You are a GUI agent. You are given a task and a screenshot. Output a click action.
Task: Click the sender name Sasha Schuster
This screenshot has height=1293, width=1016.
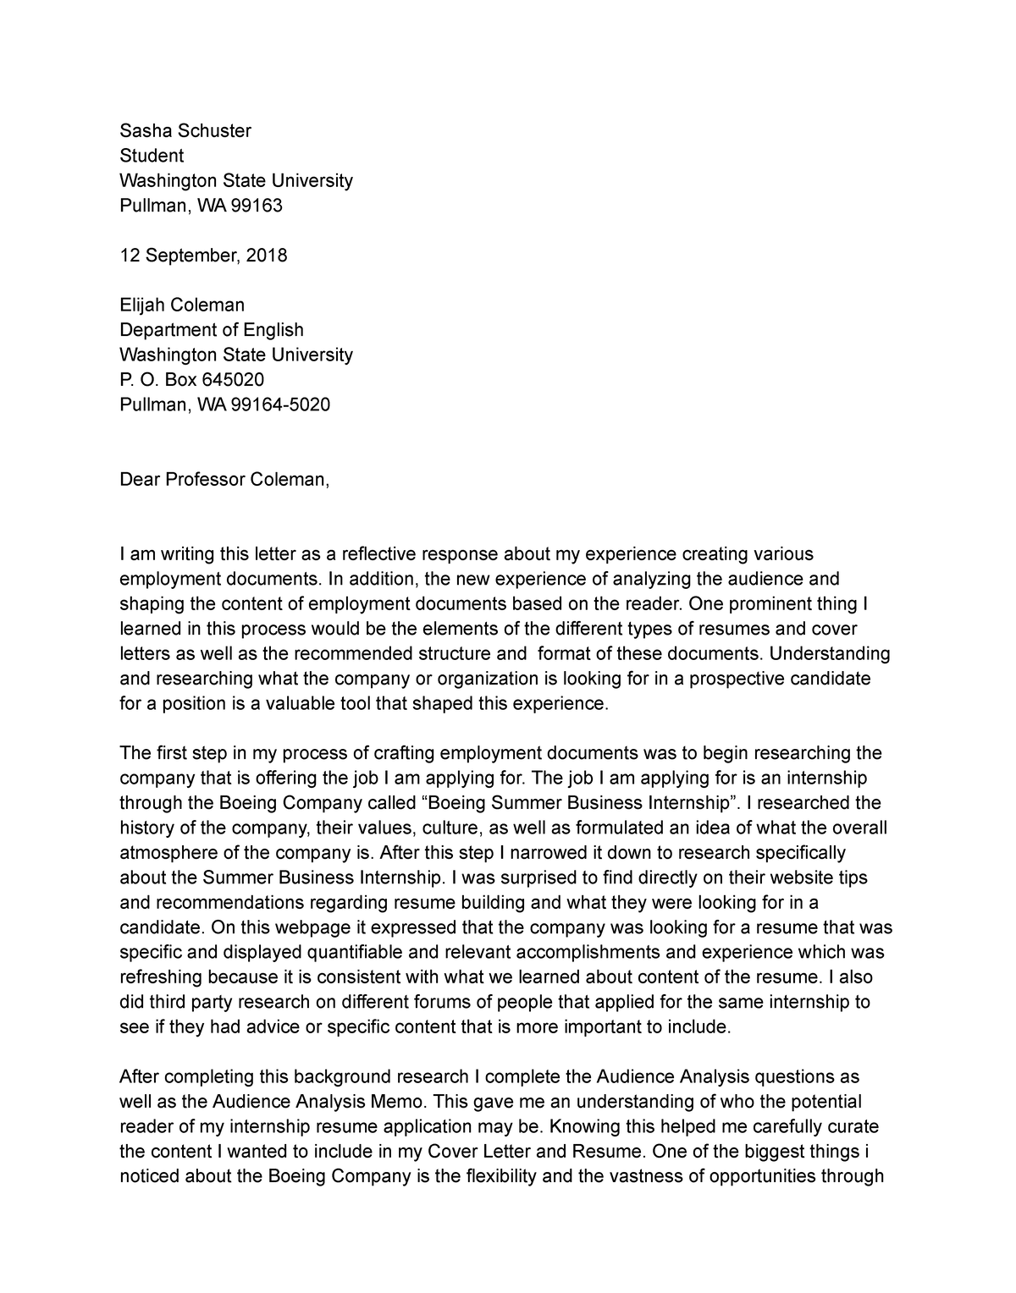pos(185,130)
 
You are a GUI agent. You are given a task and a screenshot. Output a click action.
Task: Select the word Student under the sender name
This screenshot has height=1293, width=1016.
pos(152,156)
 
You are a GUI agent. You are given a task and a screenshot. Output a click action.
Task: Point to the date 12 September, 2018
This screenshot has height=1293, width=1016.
pos(203,256)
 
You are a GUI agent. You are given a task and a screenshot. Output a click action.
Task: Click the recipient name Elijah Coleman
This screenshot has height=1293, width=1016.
pos(182,305)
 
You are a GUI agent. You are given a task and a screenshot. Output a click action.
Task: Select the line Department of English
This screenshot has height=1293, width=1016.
pos(211,330)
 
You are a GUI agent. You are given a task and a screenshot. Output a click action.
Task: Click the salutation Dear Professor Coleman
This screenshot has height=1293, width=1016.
pos(224,480)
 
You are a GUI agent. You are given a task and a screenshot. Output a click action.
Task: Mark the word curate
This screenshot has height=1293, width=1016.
pos(853,1127)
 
